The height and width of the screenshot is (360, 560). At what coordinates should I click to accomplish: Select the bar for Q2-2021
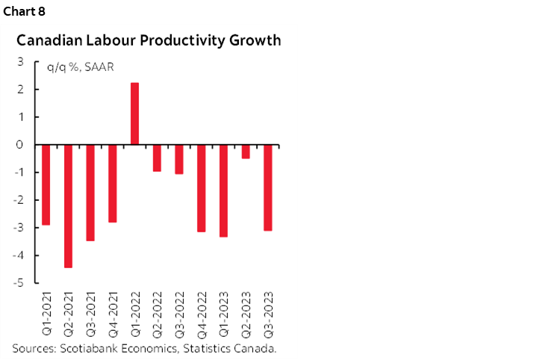[x=68, y=205]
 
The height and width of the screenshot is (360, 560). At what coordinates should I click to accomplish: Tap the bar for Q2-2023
[x=246, y=152]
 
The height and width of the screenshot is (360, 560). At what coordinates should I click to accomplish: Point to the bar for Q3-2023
[x=268, y=187]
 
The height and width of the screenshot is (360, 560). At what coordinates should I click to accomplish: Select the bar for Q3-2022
[x=178, y=159]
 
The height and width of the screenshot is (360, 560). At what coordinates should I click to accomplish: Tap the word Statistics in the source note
[x=201, y=348]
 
